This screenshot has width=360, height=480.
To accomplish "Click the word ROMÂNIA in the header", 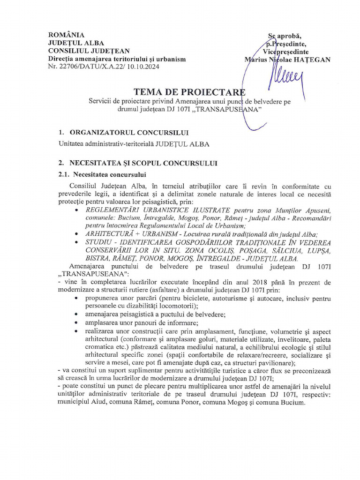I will tap(67, 35).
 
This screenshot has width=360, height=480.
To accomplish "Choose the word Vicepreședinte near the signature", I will tap(285, 51).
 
